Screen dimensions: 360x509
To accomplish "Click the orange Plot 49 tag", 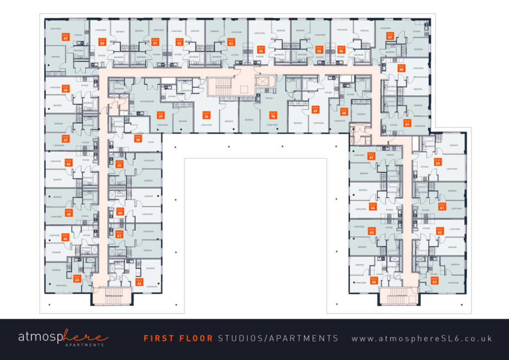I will click(x=66, y=37).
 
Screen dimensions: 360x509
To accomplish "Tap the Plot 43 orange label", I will click(x=77, y=278).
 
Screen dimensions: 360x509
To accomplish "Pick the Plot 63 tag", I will click(x=434, y=279).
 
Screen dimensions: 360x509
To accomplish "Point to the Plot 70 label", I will click(x=272, y=115).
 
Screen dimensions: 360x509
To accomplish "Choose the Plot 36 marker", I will click(x=206, y=115).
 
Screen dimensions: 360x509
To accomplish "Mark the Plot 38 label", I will click(x=138, y=138).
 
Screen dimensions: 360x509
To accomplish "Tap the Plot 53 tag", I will click(x=231, y=42).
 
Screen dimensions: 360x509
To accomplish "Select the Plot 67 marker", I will click(x=371, y=156).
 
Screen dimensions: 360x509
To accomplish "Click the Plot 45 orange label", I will click(x=69, y=212).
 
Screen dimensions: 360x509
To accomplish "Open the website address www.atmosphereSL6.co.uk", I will click(x=422, y=339).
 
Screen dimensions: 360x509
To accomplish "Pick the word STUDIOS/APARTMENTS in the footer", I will click(x=278, y=339).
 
